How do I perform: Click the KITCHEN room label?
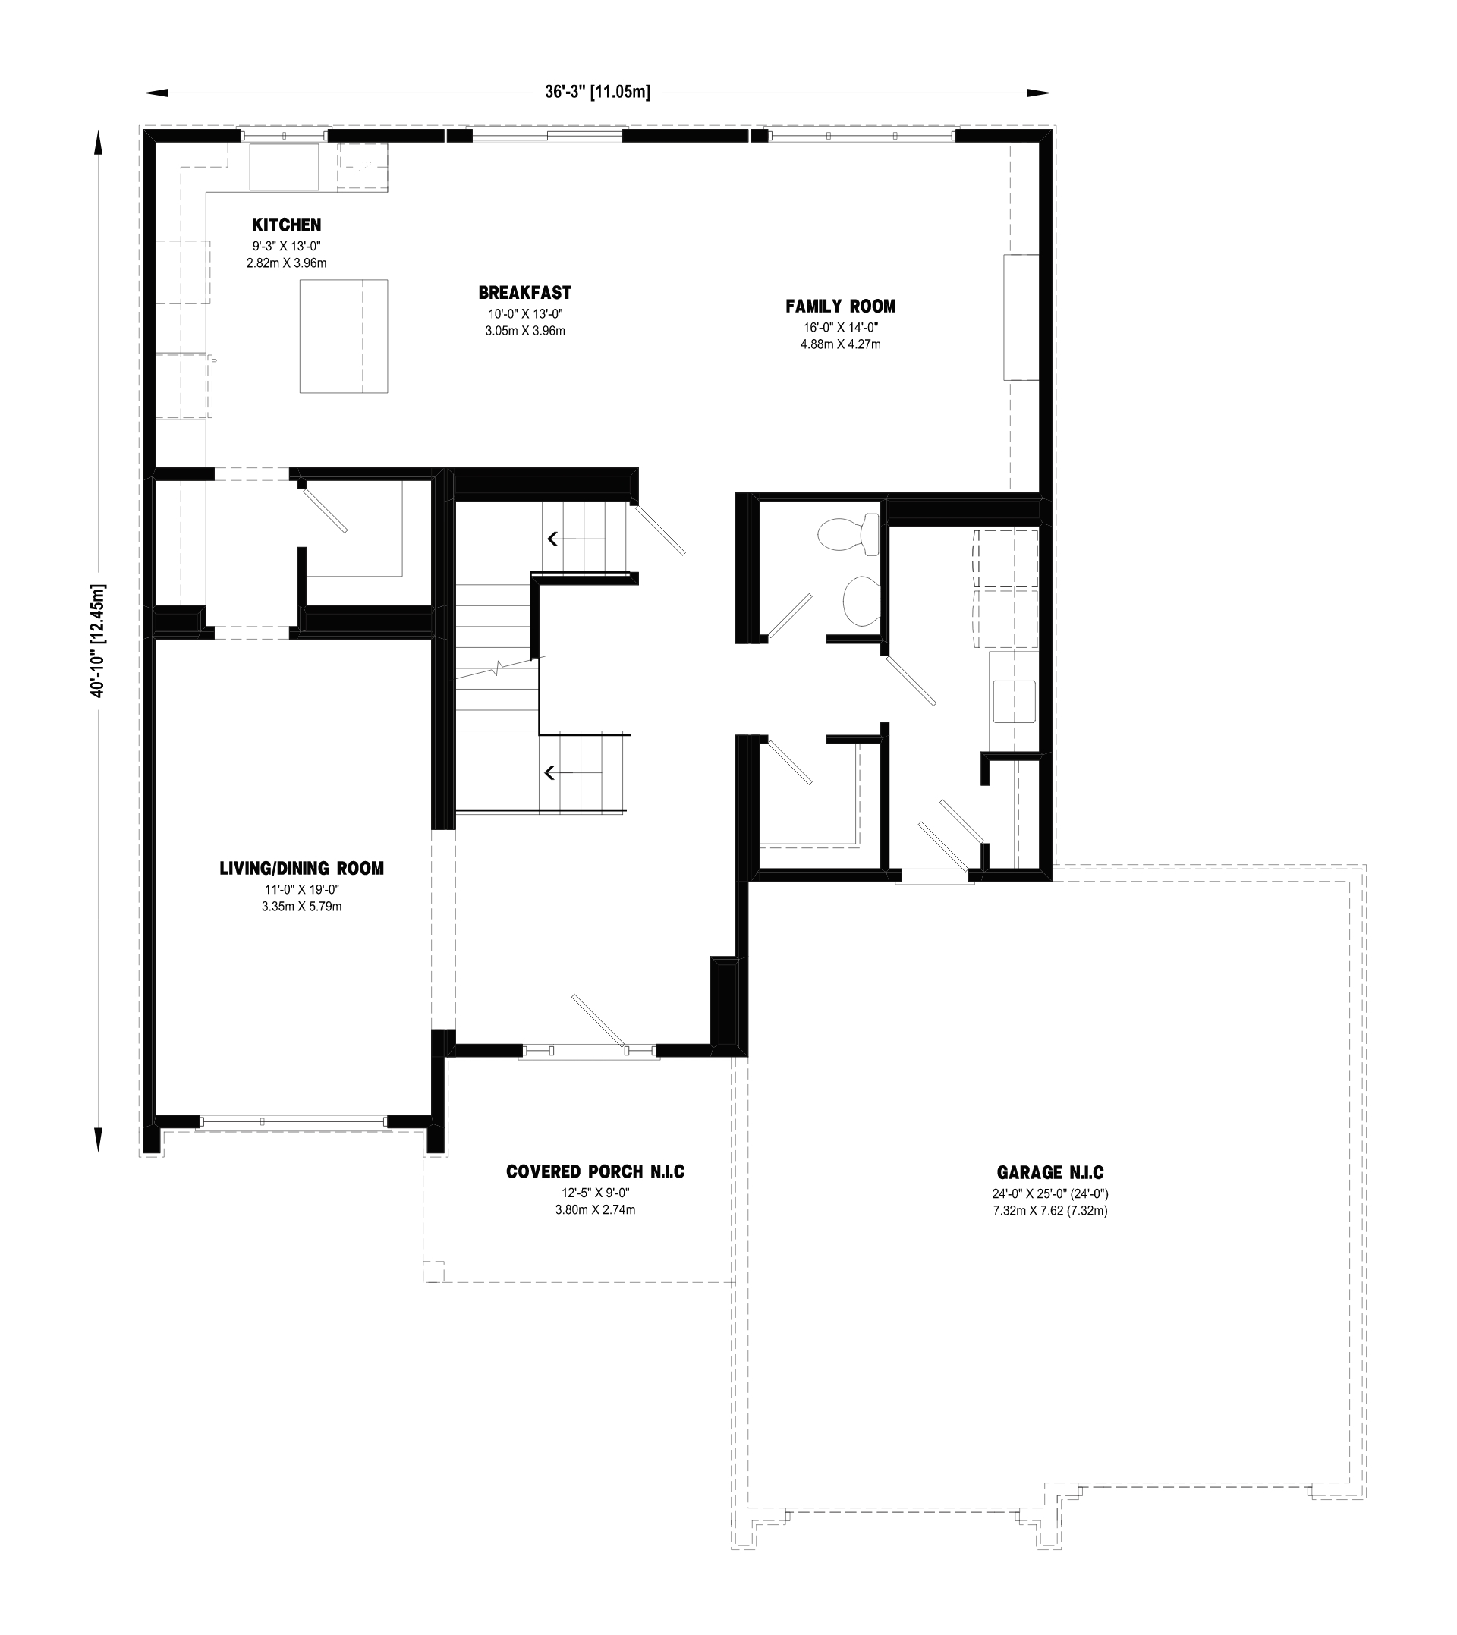click(x=287, y=225)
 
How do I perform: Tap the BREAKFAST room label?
click(x=525, y=293)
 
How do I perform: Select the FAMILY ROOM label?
click(x=841, y=306)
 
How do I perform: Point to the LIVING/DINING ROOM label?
click(x=302, y=868)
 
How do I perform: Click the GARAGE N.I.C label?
click(x=1050, y=1172)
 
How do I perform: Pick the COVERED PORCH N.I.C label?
click(x=596, y=1171)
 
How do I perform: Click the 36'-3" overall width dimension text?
click(x=598, y=92)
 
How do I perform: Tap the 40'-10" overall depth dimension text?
click(x=98, y=640)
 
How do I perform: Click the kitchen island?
click(x=345, y=336)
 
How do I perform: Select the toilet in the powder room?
click(x=848, y=534)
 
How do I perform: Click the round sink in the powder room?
click(x=861, y=601)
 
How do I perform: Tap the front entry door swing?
click(x=599, y=1021)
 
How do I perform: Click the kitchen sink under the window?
click(x=285, y=166)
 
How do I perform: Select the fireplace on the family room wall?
click(x=1021, y=318)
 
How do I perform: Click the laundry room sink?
click(x=1015, y=702)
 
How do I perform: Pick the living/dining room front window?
click(x=293, y=1121)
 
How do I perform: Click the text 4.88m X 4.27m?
click(x=841, y=344)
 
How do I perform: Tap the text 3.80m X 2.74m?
click(x=596, y=1210)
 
